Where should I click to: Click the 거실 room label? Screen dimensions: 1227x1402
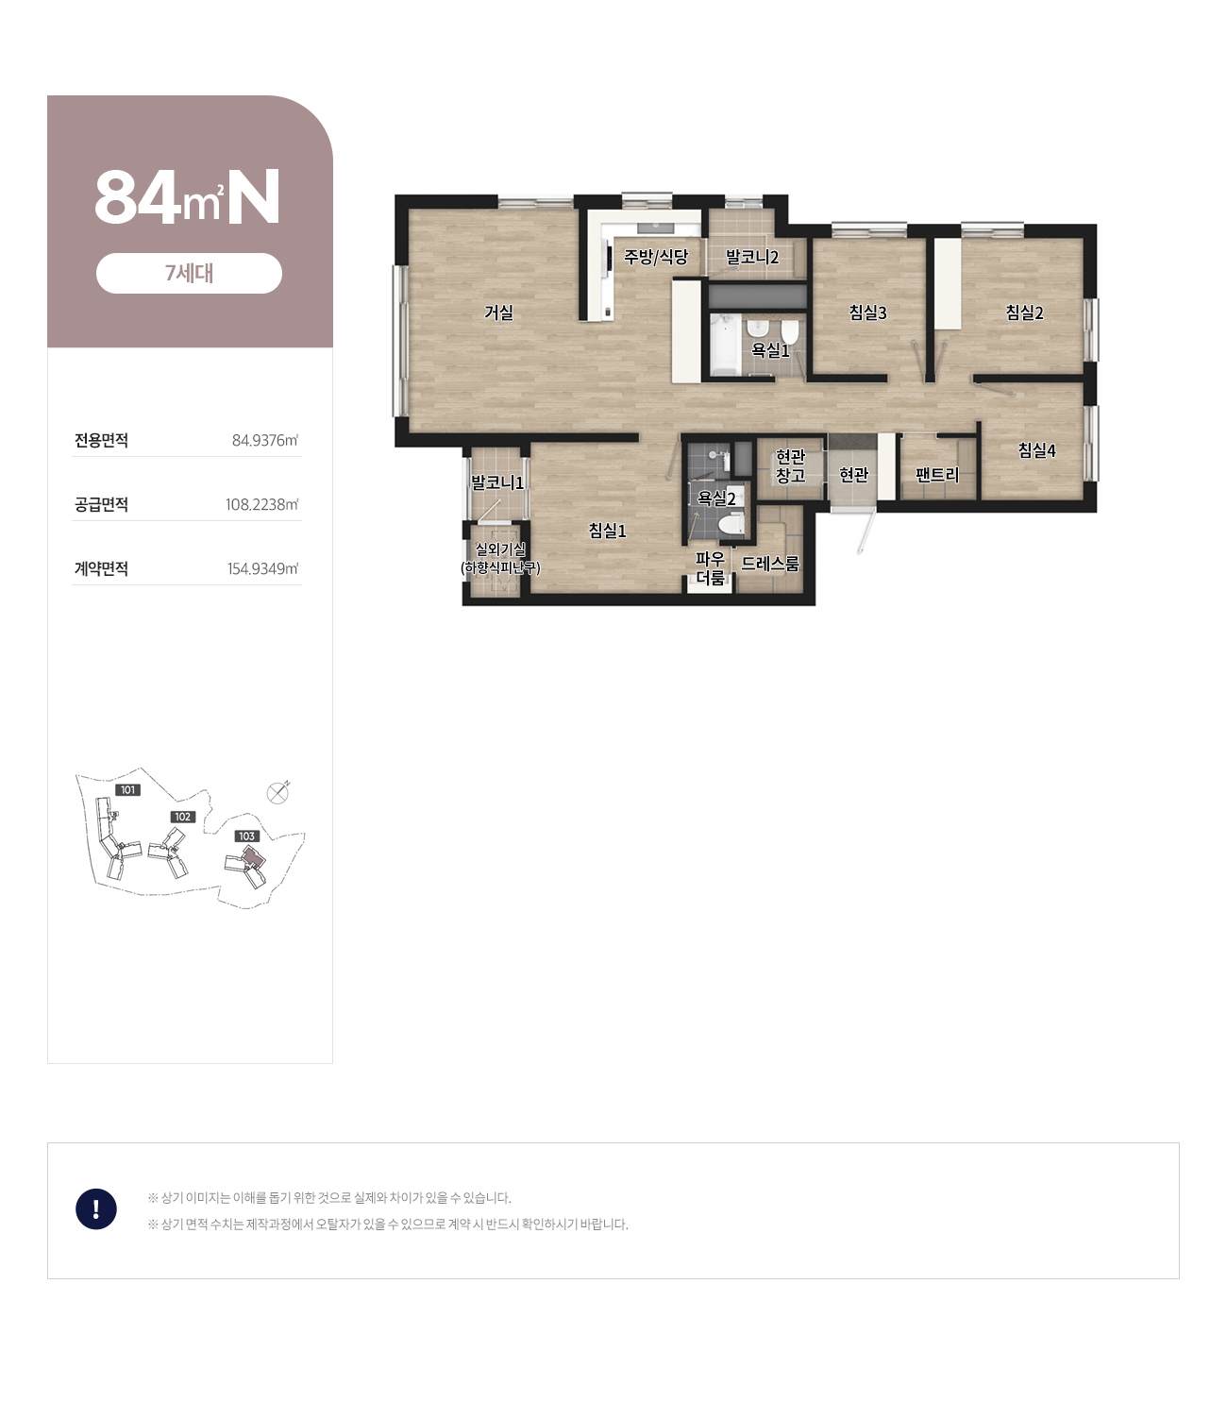pos(498,312)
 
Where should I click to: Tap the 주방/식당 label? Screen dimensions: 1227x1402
pos(656,257)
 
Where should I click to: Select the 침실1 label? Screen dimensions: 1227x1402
pos(607,531)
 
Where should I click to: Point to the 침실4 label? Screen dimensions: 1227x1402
pos(1036,450)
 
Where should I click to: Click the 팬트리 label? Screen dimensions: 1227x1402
pos(936,474)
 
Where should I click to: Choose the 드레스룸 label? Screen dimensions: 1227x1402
pos(770,564)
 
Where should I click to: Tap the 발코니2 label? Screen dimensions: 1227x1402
pos(752,257)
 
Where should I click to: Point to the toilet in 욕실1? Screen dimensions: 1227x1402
pos(790,331)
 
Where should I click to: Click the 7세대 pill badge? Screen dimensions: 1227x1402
pos(189,274)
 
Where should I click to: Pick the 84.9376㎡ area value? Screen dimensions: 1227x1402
pos(265,440)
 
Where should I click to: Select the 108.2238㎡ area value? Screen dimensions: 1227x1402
pos(261,504)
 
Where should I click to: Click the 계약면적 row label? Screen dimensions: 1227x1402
pos(101,568)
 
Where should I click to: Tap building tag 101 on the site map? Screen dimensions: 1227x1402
pos(128,790)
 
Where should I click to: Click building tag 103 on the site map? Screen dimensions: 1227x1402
pos(246,836)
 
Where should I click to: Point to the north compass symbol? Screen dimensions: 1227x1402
pos(277,793)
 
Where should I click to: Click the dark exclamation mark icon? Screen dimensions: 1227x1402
pos(96,1208)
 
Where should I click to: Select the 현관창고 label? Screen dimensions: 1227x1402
pos(790,466)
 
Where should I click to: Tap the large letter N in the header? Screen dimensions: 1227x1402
pos(254,196)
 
